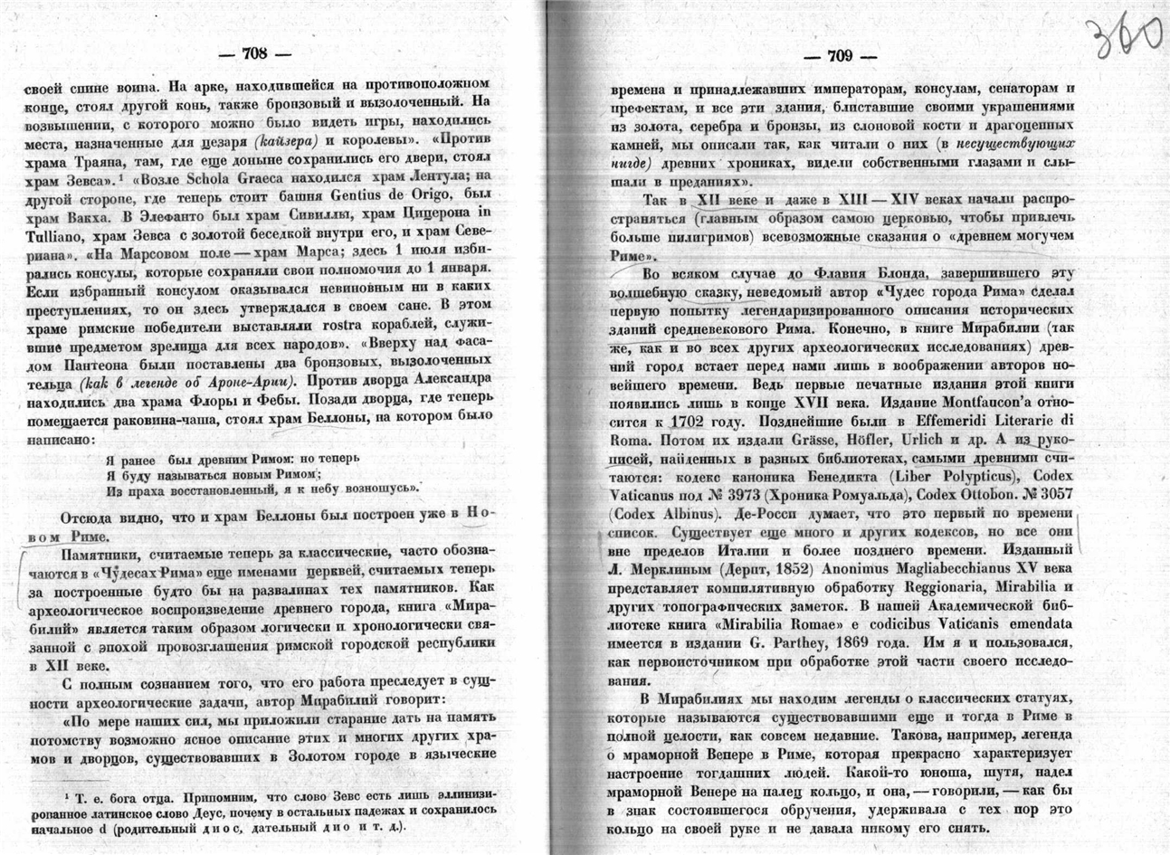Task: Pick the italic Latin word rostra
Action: (x=305, y=323)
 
